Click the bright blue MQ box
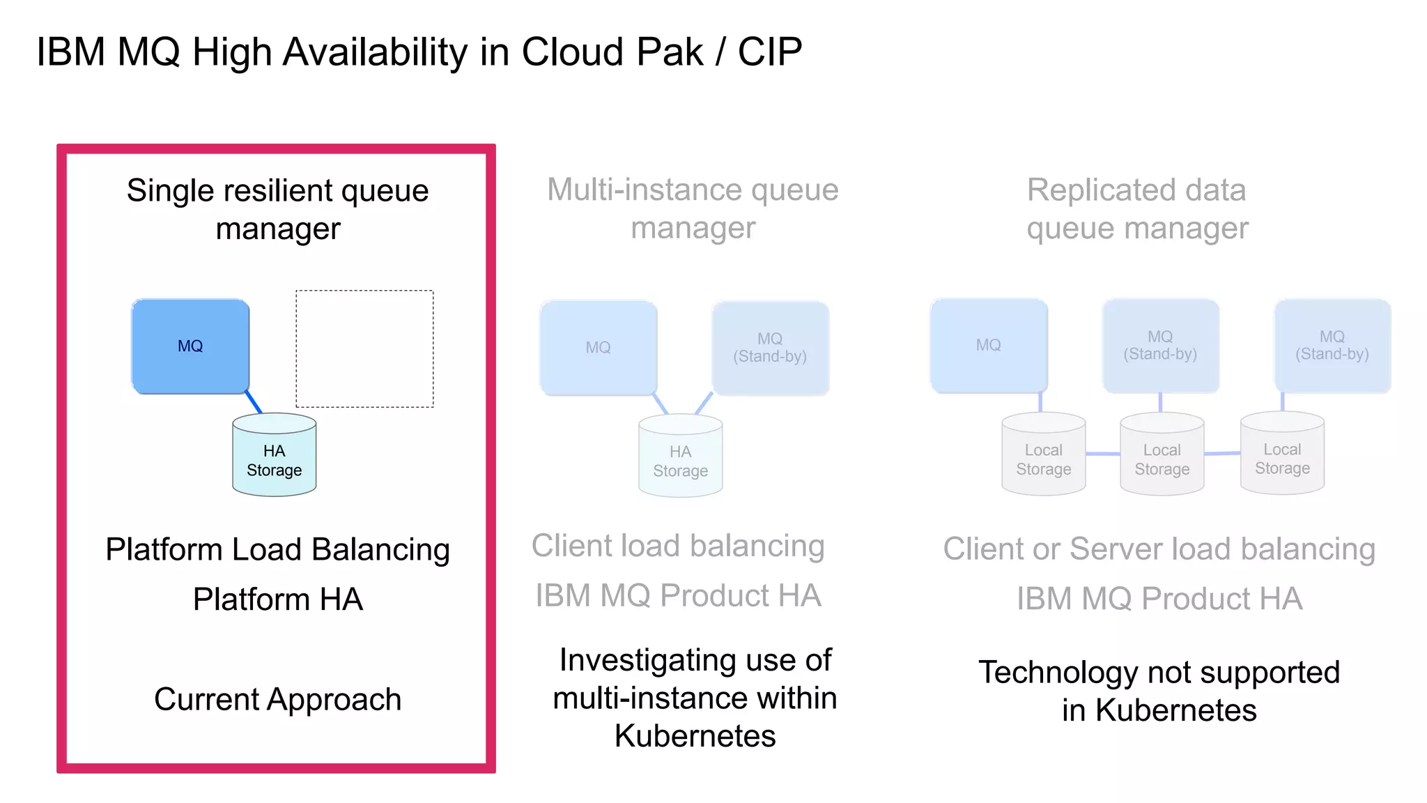pos(190,346)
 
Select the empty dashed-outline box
pos(364,349)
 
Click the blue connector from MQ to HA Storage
pos(254,403)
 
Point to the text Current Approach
pos(277,699)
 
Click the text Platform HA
pos(277,599)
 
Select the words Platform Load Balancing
pos(277,549)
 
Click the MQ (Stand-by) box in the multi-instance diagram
pos(770,348)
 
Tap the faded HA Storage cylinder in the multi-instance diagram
pos(680,460)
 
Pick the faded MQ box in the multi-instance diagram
pos(598,348)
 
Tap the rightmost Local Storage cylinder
pos(1282,457)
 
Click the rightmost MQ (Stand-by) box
pos(1332,346)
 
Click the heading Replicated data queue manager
pos(1137,208)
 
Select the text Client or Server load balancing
pos(1159,549)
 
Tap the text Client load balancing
pos(678,546)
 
